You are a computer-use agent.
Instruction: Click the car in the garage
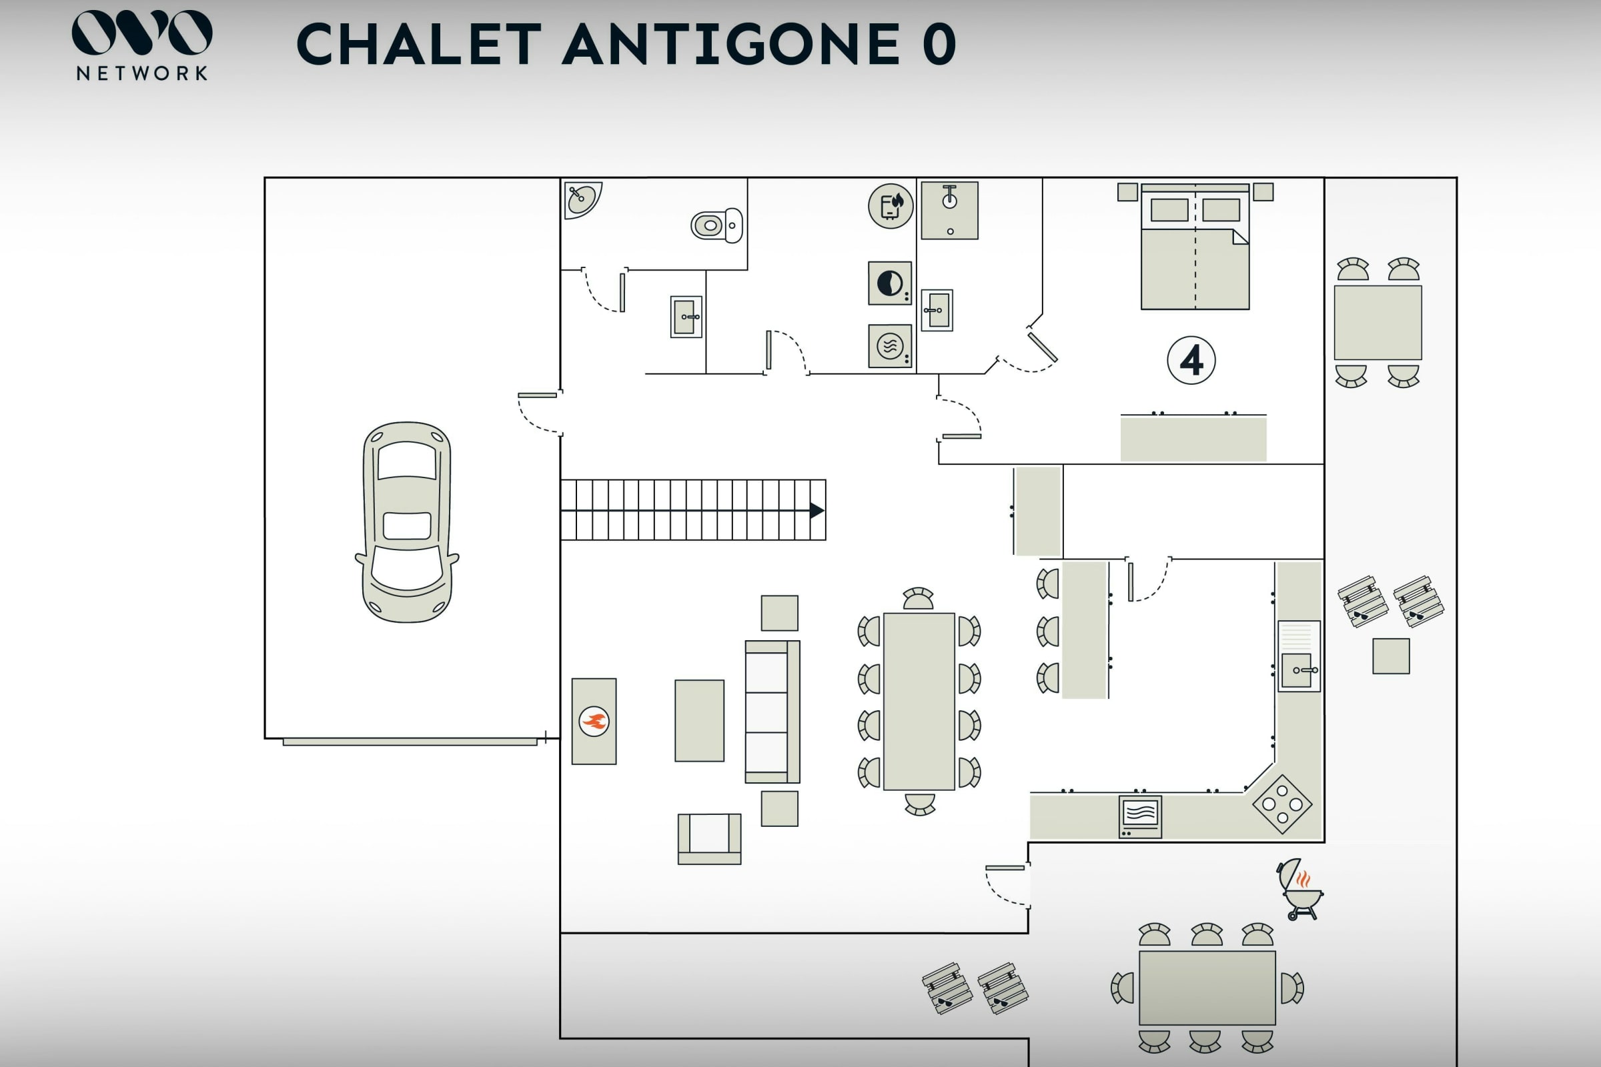pos(407,522)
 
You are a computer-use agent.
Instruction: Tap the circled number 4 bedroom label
pos(1191,360)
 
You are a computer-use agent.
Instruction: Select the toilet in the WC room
pos(716,225)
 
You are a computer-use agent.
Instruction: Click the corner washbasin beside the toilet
pos(580,198)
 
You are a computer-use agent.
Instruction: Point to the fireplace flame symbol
pos(594,722)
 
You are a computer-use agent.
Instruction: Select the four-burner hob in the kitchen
pos(1282,804)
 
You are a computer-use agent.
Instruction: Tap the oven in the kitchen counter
pos(1140,816)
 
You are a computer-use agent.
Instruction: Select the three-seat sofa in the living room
pos(772,712)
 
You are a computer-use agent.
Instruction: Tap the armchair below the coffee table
pos(709,838)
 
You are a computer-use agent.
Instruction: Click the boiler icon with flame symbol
pos(891,205)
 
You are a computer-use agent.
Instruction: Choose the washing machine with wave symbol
pos(890,346)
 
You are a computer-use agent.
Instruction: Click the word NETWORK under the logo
pos(142,73)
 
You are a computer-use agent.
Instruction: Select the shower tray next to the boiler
pos(949,210)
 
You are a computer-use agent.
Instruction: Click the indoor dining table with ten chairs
pos(919,702)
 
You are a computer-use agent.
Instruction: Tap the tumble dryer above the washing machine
pos(890,283)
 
